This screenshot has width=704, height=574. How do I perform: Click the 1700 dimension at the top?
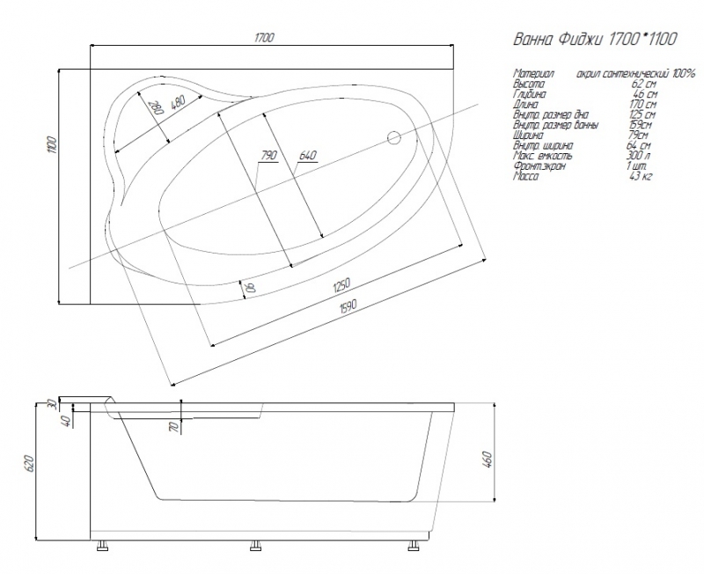[x=264, y=37]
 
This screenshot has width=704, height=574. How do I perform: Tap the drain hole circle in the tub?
[x=394, y=137]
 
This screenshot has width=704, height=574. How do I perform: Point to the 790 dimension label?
[x=268, y=156]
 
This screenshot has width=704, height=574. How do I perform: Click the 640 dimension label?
[x=307, y=156]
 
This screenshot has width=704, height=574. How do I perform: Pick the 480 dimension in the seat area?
[x=179, y=102]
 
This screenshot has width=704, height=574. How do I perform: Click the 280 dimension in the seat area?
[x=158, y=108]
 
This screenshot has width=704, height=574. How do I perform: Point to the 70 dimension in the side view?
[x=173, y=428]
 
